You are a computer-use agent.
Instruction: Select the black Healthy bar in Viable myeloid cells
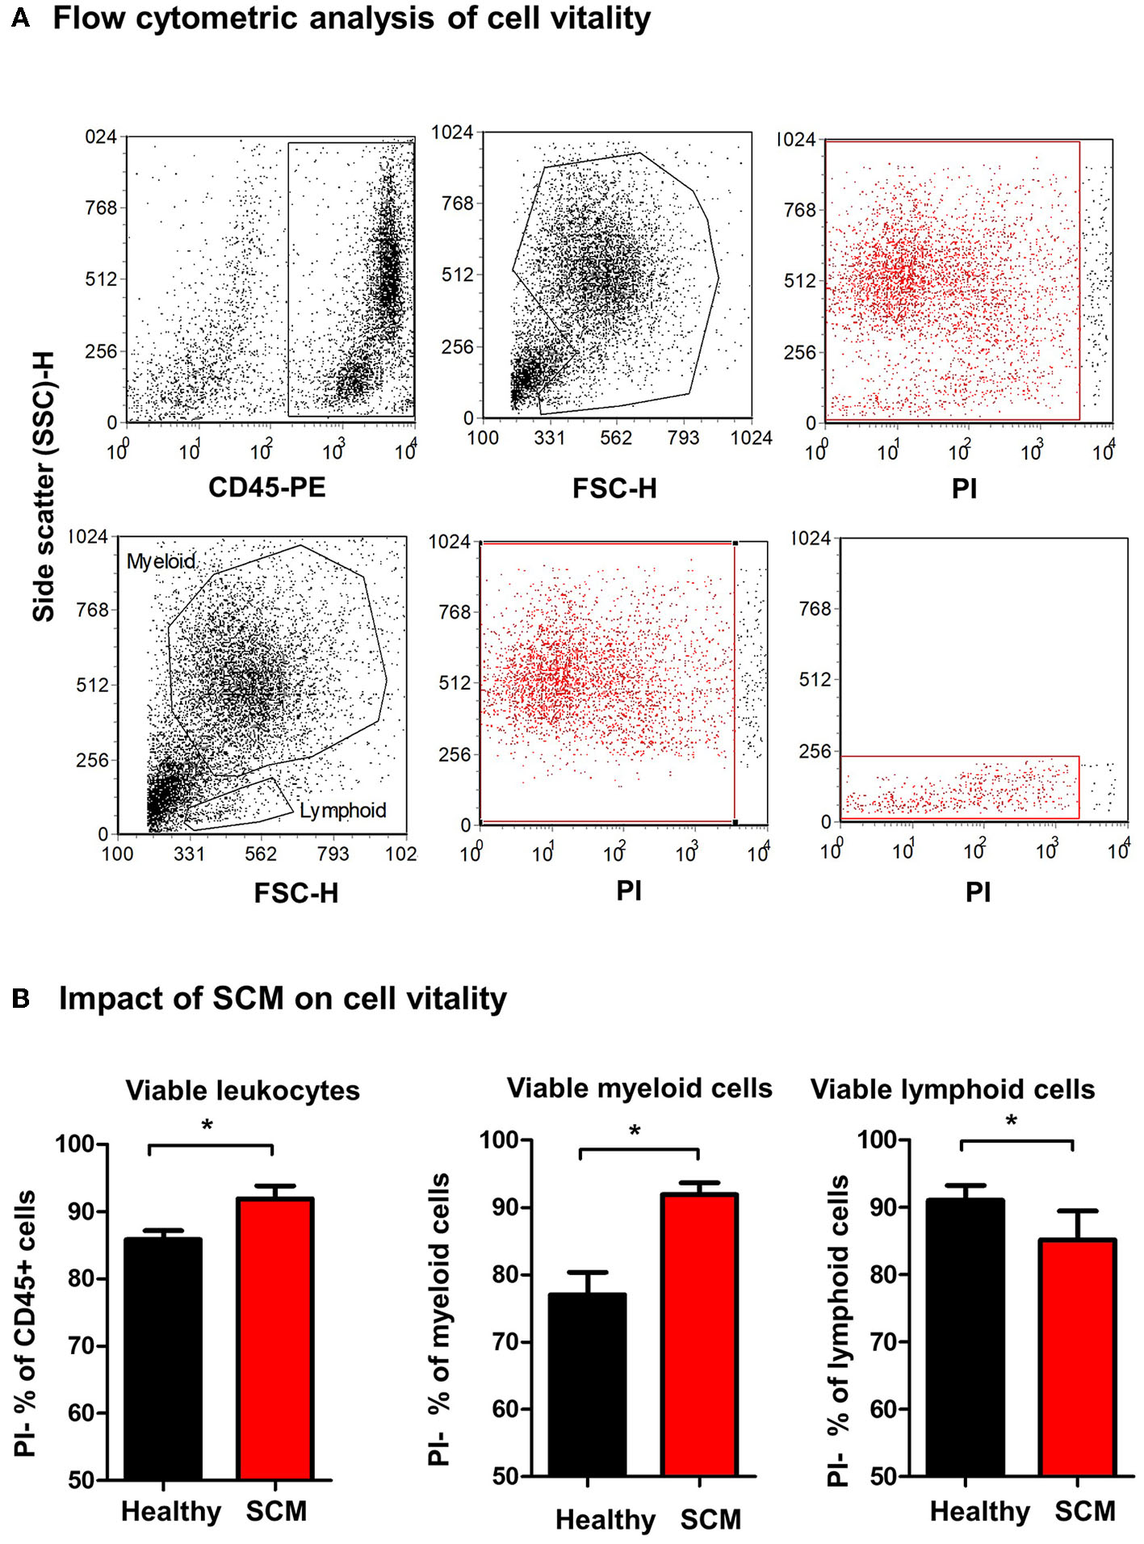click(587, 1384)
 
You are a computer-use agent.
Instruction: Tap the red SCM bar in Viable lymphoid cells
click(1077, 1357)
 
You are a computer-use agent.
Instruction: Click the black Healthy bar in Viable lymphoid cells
click(965, 1337)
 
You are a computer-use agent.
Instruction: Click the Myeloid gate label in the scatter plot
click(161, 561)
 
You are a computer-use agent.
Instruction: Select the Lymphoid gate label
click(342, 810)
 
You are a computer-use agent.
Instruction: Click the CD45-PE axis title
click(266, 487)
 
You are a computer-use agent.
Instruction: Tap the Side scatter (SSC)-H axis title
click(44, 486)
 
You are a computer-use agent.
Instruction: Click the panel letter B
click(21, 999)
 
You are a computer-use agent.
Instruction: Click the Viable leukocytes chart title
click(242, 1090)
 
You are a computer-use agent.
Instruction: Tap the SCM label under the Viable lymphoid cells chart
click(1084, 1511)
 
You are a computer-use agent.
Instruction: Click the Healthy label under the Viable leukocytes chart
click(170, 1511)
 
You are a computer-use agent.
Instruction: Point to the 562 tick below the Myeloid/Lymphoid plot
click(260, 854)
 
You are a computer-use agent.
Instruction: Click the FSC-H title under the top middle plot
click(614, 488)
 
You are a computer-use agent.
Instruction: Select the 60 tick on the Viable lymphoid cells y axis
click(884, 1409)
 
